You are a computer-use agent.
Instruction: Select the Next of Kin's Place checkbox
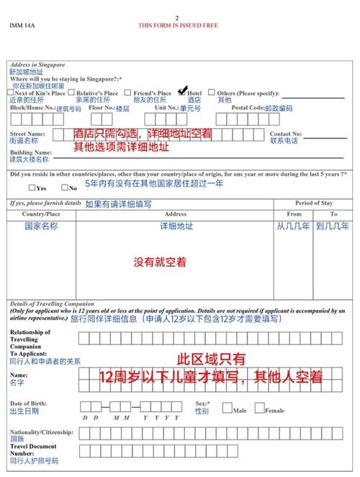pos(11,92)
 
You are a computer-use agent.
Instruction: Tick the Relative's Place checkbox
pos(72,92)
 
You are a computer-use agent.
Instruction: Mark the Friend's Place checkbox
pos(127,92)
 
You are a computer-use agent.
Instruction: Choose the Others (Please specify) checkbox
pos(212,92)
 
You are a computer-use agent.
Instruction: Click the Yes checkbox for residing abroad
pos(32,187)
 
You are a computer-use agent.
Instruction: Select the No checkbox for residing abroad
pos(65,187)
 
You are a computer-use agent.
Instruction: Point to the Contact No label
pos(286,134)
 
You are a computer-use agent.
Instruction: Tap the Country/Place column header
pos(42,214)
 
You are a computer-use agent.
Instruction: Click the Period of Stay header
pos(313,203)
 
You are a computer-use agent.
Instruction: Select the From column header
pos(294,214)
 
